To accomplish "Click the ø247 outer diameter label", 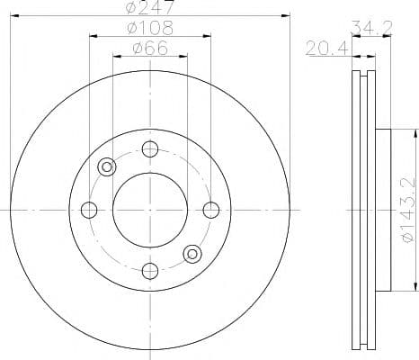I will pos(150,8).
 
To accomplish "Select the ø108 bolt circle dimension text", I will pos(150,29).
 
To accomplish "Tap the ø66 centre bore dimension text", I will pos(150,49).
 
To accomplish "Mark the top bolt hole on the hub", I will pos(150,148).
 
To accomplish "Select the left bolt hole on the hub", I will pos(89,210).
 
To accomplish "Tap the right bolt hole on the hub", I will pos(211,210).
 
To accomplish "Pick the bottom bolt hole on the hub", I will pos(150,271).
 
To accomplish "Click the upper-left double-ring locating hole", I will pos(108,166).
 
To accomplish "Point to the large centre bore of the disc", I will pos(150,210).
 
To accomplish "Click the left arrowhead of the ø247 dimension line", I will pos(12,15).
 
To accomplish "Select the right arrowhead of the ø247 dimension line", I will pos(288,15).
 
